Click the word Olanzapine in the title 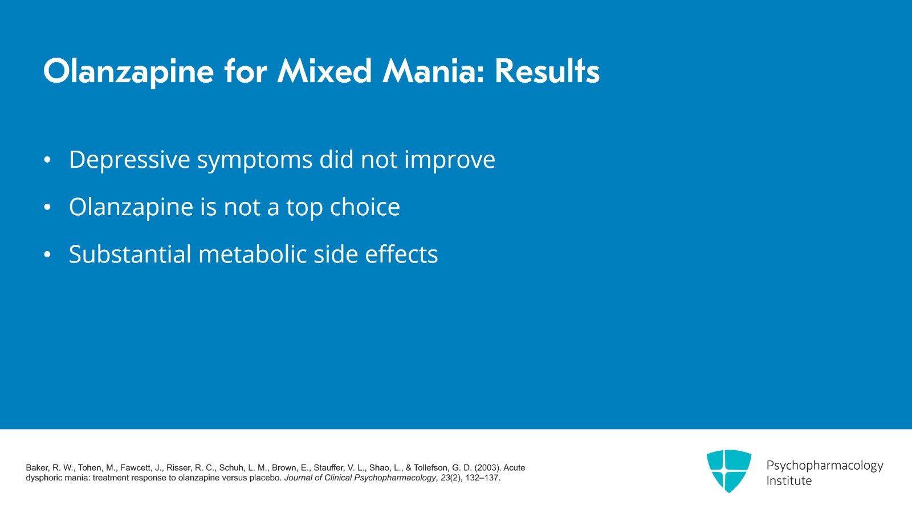[x=128, y=72]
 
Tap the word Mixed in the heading [x=324, y=72]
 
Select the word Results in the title [x=547, y=72]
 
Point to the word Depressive [x=129, y=160]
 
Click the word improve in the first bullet [x=450, y=160]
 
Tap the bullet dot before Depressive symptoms [x=47, y=160]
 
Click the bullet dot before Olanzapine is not [x=47, y=207]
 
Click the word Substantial [x=129, y=255]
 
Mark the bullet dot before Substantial [x=47, y=255]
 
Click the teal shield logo [x=728, y=470]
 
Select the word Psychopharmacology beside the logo [x=824, y=465]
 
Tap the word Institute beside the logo [x=789, y=480]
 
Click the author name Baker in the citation [x=37, y=467]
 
